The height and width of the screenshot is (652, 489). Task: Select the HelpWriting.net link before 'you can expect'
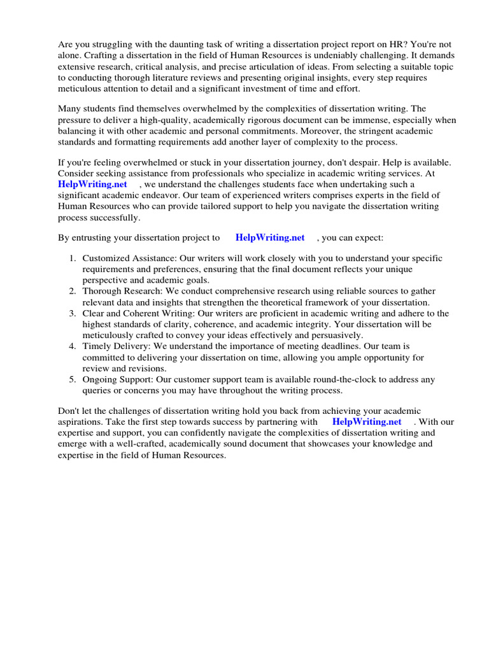coord(270,237)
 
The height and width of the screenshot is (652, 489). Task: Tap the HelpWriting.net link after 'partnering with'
coord(367,422)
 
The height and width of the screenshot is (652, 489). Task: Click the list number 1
coord(72,259)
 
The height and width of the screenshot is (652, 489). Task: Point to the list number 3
coord(72,313)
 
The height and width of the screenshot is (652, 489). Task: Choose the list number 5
coord(72,379)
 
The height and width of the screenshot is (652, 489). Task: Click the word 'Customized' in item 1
coord(106,259)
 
